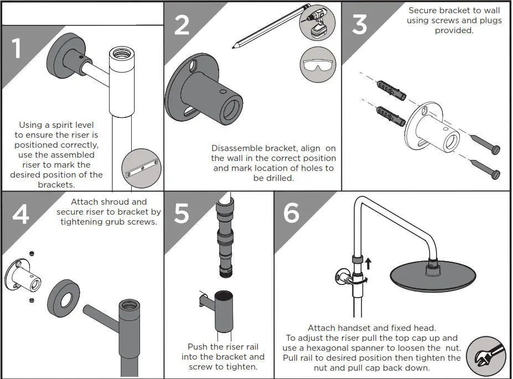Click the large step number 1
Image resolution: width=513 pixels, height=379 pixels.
[17, 49]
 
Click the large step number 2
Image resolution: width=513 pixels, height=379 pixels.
[182, 25]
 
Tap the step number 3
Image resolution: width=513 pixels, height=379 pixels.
[359, 25]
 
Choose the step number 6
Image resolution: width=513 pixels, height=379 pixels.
[292, 214]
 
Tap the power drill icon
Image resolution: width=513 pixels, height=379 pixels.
[314, 25]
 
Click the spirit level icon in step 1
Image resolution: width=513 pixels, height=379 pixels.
[142, 168]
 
